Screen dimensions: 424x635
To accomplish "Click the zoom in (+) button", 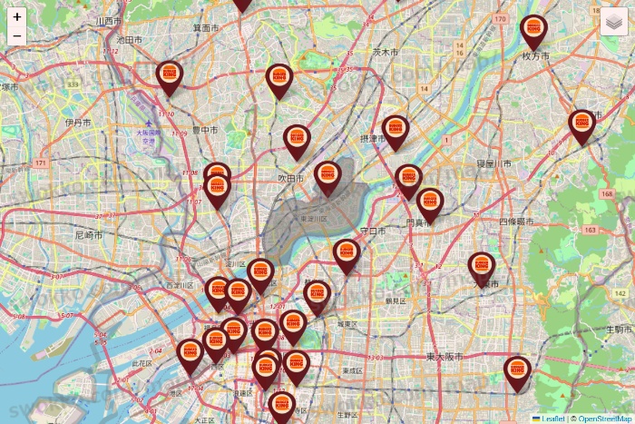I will pos(17,16).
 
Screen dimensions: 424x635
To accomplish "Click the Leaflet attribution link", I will pos(552,419).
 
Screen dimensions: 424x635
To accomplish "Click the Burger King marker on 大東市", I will pos(482,267).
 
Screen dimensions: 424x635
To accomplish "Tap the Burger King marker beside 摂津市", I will pos(395,130).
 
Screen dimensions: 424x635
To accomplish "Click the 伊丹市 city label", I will pos(78,122).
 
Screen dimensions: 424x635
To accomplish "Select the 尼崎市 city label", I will pos(89,235).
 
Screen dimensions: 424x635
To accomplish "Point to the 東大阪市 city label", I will pos(444,357).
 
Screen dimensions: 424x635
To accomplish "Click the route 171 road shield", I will pos(40,163).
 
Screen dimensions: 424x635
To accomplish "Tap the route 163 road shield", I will pos(591,231).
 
